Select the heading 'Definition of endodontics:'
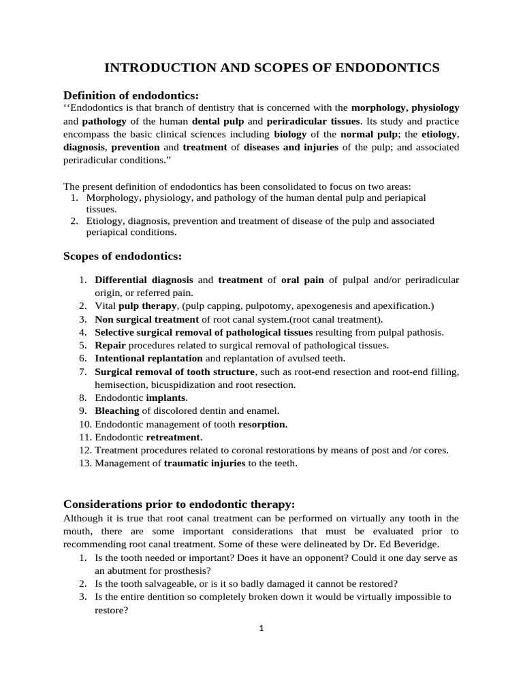[131, 95]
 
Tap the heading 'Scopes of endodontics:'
[123, 256]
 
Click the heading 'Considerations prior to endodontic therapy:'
[179, 504]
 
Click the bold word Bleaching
[117, 410]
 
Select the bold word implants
[166, 398]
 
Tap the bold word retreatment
[174, 437]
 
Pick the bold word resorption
[262, 424]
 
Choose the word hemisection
[118, 385]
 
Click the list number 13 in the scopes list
[84, 464]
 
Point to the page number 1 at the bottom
[261, 628]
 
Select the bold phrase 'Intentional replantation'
[148, 358]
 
